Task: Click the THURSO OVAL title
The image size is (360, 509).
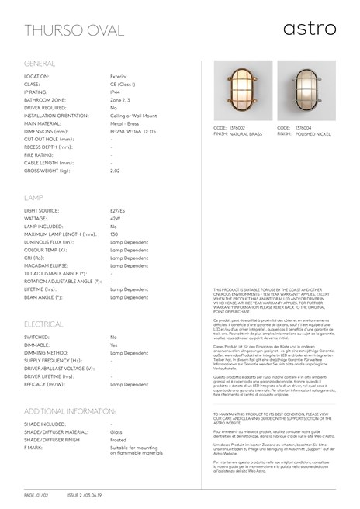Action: pyautogui.click(x=69, y=30)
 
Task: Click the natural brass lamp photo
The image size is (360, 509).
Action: pyautogui.click(x=231, y=91)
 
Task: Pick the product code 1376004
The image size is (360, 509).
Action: pyautogui.click(x=304, y=126)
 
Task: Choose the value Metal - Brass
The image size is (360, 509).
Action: pyautogui.click(x=127, y=123)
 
